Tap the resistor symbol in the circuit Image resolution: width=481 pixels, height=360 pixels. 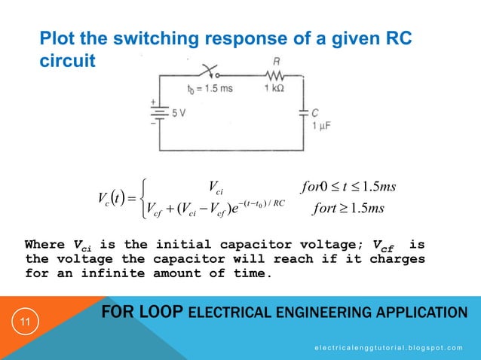[x=273, y=76]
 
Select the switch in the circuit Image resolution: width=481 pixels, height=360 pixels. [x=212, y=74]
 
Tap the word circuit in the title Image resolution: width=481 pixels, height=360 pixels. [x=68, y=59]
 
